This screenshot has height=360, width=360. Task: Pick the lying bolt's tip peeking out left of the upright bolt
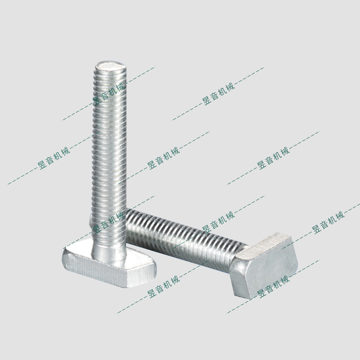(90, 219)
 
